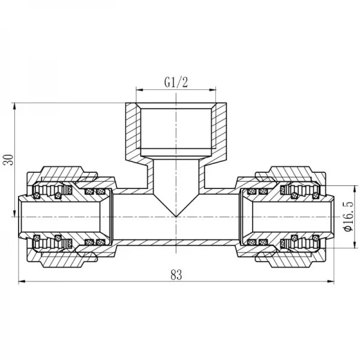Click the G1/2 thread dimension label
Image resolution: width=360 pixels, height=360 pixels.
pyautogui.click(x=176, y=83)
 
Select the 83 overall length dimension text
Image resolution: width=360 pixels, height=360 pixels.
pyautogui.click(x=176, y=275)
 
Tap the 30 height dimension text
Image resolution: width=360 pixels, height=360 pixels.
pyautogui.click(x=8, y=160)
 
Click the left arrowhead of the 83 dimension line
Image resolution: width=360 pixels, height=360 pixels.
pyautogui.click(x=21, y=282)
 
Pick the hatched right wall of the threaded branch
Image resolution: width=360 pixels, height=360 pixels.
pyautogui.click(x=221, y=132)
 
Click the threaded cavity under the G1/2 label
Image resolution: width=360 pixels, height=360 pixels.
pyautogui.click(x=176, y=132)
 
